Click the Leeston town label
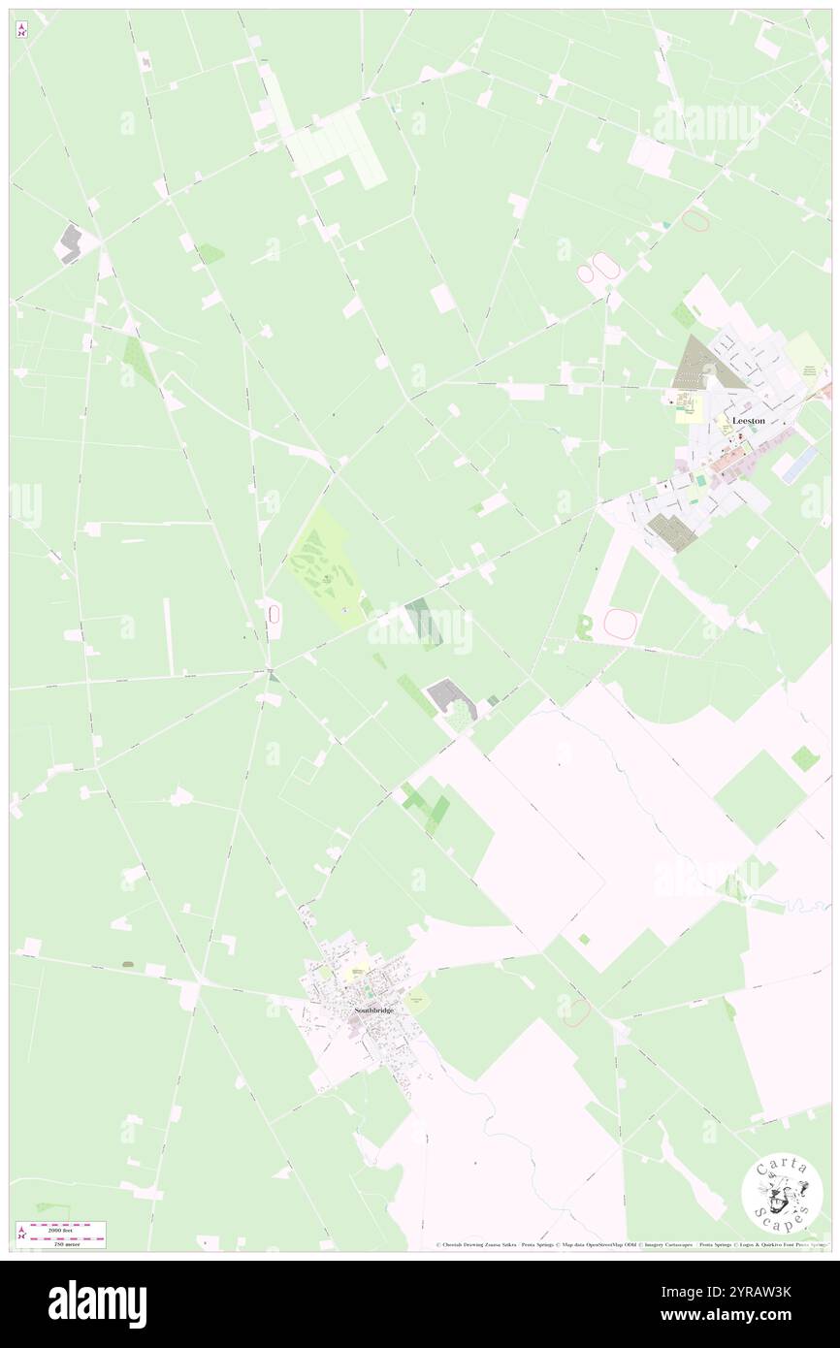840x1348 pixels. pos(748,421)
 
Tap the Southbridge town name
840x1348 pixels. pos(370,1010)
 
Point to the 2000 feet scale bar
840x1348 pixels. pos(62,1226)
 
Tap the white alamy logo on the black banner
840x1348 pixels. pos(97,1303)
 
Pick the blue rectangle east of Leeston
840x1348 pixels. pos(799,465)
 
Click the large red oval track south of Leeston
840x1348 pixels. pos(620,623)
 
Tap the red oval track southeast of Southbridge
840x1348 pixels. pos(576,1011)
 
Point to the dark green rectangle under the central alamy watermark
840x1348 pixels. pos(422,624)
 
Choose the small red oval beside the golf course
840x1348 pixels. pos(275,614)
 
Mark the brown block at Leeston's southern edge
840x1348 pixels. pos(670,531)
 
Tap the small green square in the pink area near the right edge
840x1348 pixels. pos(804,758)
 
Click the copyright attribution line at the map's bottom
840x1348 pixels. pos(630,1244)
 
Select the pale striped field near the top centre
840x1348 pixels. pos(339,145)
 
